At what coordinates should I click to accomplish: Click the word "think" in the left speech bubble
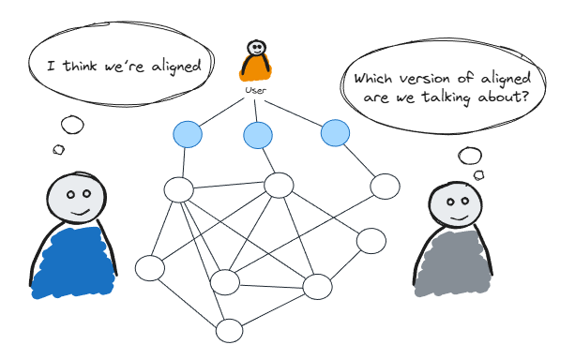click(x=83, y=67)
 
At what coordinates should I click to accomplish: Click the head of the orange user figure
click(x=255, y=47)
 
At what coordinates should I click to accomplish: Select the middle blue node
click(x=258, y=136)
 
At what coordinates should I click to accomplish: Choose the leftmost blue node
click(x=187, y=135)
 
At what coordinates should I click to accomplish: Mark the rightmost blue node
click(x=335, y=133)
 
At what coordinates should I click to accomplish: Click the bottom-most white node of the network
click(x=229, y=331)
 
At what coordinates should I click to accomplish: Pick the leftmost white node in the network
click(x=150, y=268)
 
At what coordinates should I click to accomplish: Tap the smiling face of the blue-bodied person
click(x=75, y=199)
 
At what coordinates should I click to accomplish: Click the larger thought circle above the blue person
click(x=72, y=125)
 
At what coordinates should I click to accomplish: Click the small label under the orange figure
click(x=253, y=90)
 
